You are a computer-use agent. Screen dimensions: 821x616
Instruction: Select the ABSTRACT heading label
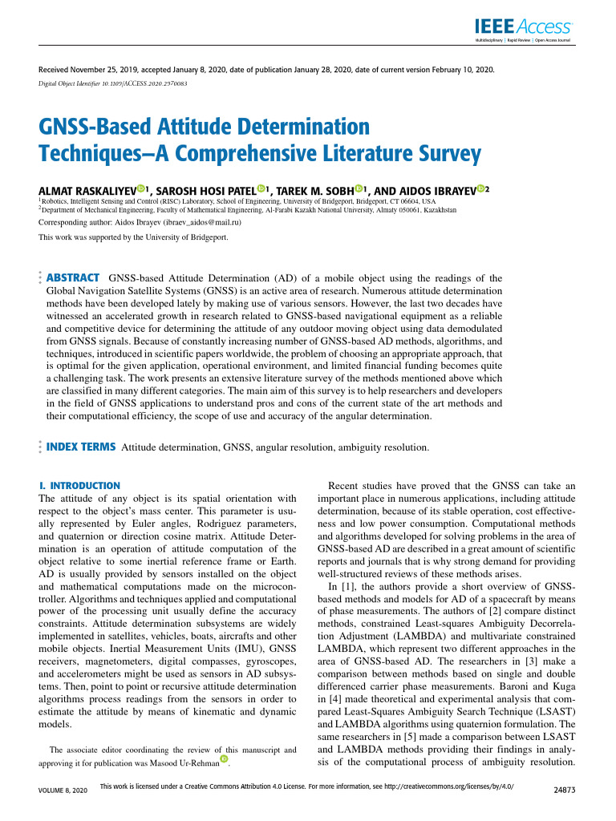(x=74, y=277)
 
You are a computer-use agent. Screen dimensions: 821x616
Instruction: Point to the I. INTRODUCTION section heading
(x=79, y=486)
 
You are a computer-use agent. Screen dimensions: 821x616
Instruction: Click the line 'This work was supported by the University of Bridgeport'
(x=134, y=237)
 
